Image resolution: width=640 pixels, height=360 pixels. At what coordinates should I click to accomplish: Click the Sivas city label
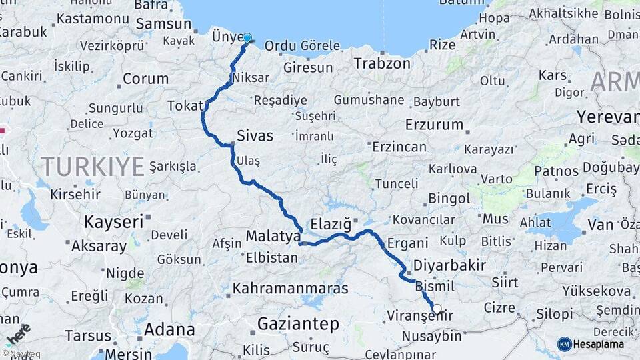[x=255, y=136]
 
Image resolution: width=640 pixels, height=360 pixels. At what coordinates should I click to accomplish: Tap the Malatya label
[x=273, y=236]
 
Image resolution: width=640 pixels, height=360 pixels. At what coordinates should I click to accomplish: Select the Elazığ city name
[x=331, y=223]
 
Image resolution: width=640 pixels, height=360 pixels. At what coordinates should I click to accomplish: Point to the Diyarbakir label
[x=449, y=265]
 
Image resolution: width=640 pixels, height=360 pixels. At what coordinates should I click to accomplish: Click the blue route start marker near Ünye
[x=247, y=38]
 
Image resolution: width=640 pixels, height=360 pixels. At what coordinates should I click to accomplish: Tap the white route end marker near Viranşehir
[x=437, y=309]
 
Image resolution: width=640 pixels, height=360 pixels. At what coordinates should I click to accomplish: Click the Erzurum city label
[x=434, y=125]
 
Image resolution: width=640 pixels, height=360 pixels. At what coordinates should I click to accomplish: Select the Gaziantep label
[x=298, y=324]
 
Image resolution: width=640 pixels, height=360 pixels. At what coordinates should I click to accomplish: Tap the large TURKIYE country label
[x=93, y=166]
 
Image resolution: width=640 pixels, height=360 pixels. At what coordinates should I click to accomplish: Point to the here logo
[x=18, y=335]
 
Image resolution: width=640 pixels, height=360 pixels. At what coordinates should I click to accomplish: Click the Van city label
[x=600, y=225]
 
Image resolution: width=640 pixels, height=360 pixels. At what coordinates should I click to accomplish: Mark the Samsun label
[x=163, y=24]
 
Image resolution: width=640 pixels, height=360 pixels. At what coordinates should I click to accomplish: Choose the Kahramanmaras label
[x=290, y=289]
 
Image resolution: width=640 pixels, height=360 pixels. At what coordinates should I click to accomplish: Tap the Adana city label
[x=169, y=329]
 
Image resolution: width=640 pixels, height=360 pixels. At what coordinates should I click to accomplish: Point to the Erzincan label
[x=399, y=147]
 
